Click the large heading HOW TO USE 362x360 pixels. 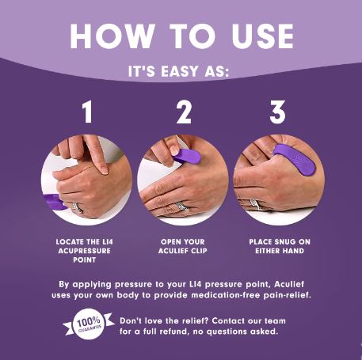coord(181,36)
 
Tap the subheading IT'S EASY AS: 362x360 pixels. coord(181,72)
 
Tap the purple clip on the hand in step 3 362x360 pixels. coord(295,159)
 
